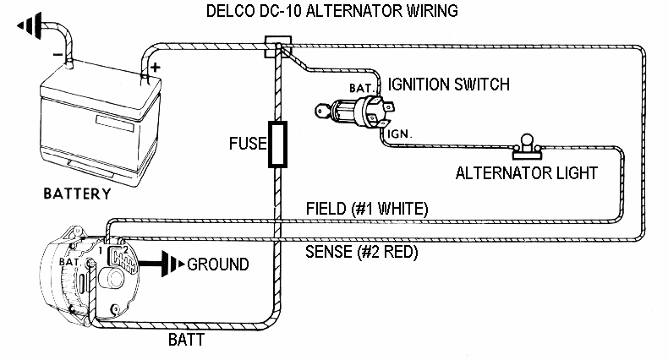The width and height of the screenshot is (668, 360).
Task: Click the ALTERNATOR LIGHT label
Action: click(x=527, y=172)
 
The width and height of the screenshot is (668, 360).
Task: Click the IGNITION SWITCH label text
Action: click(x=448, y=84)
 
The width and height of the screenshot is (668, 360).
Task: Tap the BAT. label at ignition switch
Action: click(x=362, y=86)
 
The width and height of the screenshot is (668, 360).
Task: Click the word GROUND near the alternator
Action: click(x=218, y=265)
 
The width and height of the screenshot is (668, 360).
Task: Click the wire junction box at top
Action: click(x=275, y=46)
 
